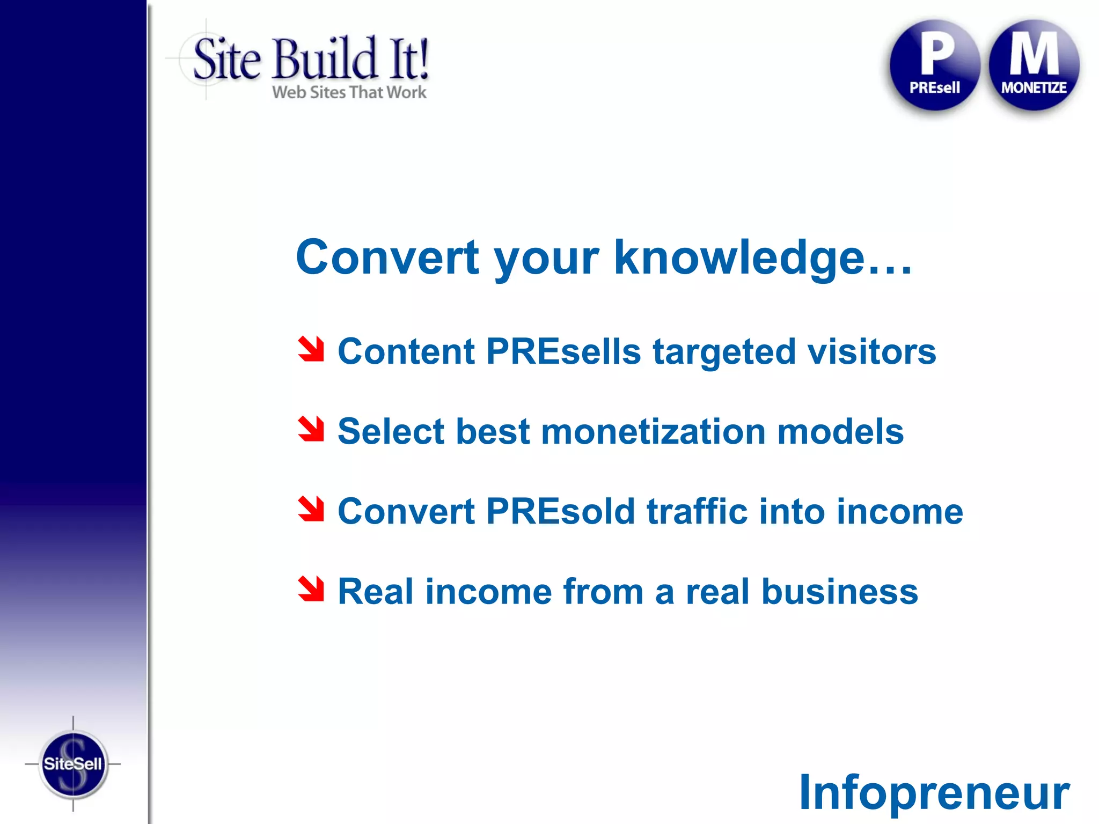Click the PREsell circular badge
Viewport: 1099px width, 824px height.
pos(934,65)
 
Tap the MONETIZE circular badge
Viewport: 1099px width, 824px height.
pos(1034,65)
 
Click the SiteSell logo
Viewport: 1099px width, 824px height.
pos(73,763)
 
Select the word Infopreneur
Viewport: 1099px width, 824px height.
pos(934,793)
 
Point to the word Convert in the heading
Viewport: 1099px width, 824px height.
pos(387,259)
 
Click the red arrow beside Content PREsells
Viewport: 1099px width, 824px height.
pos(311,349)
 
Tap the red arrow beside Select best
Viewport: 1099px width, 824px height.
pos(311,429)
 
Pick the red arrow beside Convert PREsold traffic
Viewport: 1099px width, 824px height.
pos(311,509)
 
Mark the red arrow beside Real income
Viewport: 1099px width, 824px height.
pos(311,589)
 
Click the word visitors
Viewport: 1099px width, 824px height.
pos(872,352)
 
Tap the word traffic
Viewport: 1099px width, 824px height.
pos(697,512)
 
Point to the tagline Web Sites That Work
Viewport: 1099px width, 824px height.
pos(349,92)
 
